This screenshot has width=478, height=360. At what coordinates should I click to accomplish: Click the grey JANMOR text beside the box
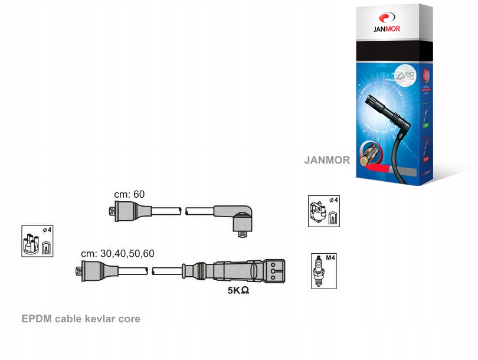coord(327,160)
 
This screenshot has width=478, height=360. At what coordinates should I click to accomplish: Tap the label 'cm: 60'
coord(129,194)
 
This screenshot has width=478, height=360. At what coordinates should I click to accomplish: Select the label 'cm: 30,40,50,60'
coord(118,253)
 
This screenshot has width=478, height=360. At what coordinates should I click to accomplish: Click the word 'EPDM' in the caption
coord(37,319)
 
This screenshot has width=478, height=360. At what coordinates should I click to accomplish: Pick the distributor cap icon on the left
coord(37,241)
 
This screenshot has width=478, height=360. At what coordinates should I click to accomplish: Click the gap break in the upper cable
coord(184,210)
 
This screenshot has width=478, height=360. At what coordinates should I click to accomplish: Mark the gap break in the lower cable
coord(150,271)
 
